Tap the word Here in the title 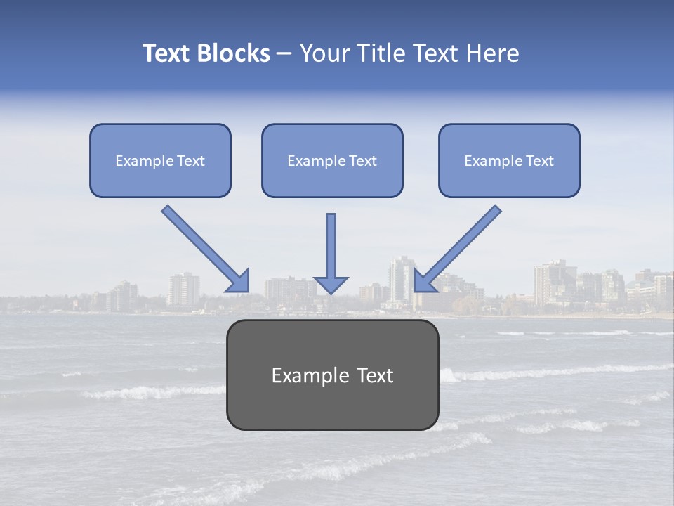click(x=493, y=53)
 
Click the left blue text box click(x=160, y=160)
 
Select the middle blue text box click(x=332, y=160)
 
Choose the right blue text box click(x=509, y=160)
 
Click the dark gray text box click(x=332, y=375)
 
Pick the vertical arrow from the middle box click(x=331, y=246)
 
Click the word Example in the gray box click(x=303, y=375)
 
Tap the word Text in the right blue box click(x=539, y=161)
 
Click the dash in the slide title click(x=284, y=54)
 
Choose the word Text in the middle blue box click(x=362, y=161)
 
